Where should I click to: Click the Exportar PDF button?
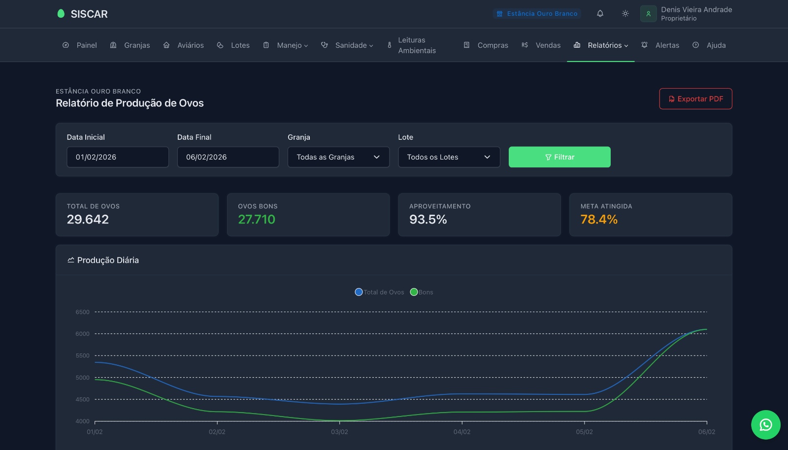pos(695,99)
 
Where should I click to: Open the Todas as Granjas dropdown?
pos(338,157)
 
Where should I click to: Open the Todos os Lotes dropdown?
pos(449,157)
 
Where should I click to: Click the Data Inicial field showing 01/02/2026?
pos(117,157)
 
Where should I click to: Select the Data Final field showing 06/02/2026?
pos(228,157)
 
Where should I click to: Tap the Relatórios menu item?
pos(601,45)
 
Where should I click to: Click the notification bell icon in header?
pos(600,14)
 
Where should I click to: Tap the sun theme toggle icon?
pos(625,14)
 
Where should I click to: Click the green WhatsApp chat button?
pos(765,424)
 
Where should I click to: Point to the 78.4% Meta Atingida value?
pos(599,220)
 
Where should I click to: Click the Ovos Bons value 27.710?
pos(257,220)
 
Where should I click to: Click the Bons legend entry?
pos(422,292)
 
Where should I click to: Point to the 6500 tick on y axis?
pos(82,312)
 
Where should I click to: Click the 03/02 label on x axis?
pos(339,432)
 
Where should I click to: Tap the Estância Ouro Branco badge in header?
pos(537,14)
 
